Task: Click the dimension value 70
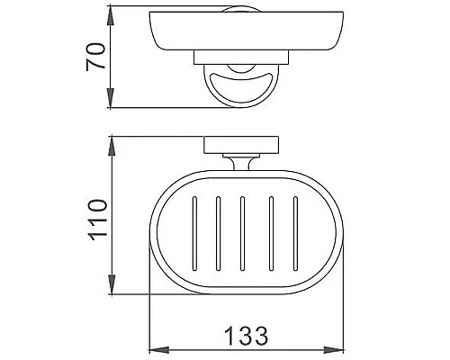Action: [x=93, y=55]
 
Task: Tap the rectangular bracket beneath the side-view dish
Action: [x=242, y=58]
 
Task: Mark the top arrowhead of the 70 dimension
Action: [x=111, y=15]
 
